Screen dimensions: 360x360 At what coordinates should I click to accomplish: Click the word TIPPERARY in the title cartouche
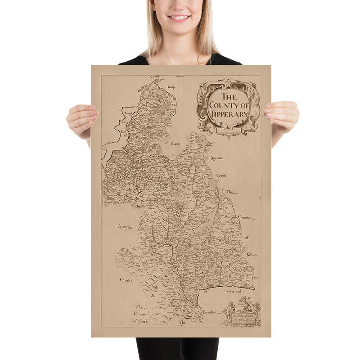tap(228, 114)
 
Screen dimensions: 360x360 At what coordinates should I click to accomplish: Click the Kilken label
tap(251, 255)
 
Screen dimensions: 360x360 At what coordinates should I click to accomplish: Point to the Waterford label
tap(235, 292)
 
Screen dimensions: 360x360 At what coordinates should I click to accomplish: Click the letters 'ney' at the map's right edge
tap(256, 278)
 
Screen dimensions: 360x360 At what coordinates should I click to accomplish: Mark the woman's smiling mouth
tap(180, 18)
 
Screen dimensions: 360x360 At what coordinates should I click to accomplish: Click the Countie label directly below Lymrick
tap(126, 280)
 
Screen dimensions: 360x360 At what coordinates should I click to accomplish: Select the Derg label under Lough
tap(125, 122)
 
